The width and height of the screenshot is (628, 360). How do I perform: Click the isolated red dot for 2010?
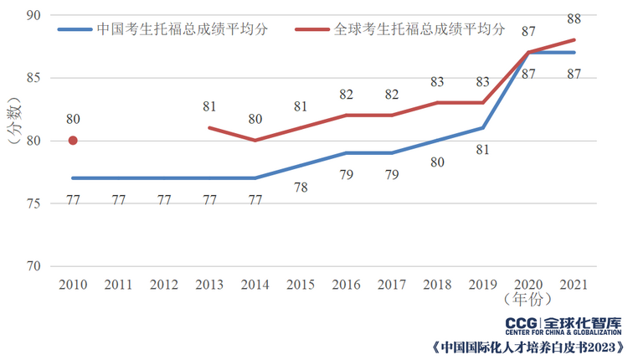[73, 141]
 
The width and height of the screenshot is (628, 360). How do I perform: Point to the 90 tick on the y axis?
[34, 16]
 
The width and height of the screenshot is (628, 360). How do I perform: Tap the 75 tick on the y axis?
[34, 203]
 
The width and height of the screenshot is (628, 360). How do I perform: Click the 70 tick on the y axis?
[34, 266]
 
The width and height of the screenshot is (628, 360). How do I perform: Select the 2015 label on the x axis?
[301, 285]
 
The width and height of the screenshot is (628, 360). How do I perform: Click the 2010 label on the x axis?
[73, 285]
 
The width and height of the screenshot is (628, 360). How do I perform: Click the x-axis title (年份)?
[528, 298]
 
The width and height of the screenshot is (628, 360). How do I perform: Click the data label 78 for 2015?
[301, 188]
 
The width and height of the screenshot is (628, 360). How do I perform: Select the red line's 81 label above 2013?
[209, 106]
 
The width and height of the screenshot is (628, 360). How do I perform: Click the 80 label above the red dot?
[73, 119]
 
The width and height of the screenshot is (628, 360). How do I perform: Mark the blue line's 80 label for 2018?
[437, 162]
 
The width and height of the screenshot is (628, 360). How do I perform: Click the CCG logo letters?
[523, 323]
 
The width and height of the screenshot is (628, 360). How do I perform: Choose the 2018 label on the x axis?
[437, 285]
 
